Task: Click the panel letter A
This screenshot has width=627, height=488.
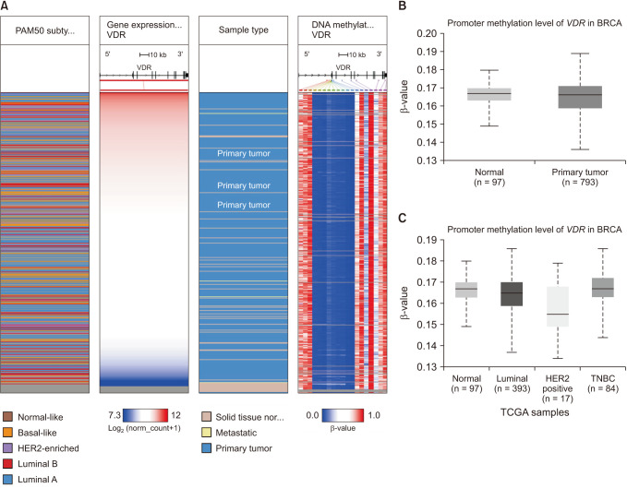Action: (5, 6)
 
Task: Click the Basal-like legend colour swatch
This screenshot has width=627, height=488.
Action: (7, 434)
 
